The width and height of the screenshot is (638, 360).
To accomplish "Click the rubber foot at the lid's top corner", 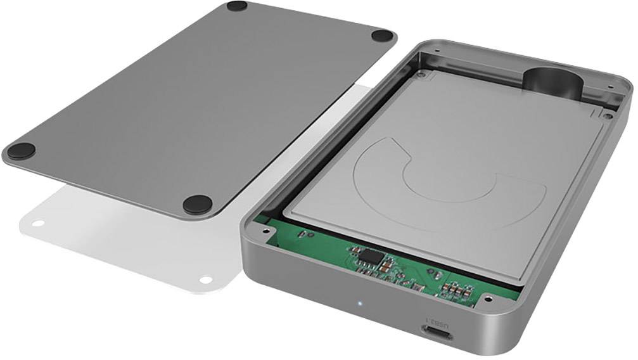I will [x=237, y=6].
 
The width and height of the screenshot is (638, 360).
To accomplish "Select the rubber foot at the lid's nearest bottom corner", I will [x=198, y=203].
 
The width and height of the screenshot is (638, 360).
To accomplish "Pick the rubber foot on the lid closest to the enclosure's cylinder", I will [x=382, y=35].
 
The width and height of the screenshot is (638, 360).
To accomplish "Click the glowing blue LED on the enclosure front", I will [x=360, y=303].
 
